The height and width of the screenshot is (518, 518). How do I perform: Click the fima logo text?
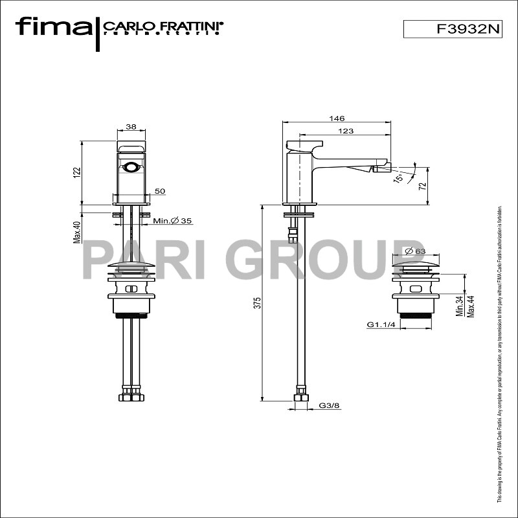coord(53,27)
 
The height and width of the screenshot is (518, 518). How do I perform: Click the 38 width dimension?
coord(131,127)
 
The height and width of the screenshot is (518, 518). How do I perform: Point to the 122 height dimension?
coord(76,172)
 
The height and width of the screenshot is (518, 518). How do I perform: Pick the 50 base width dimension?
coord(160,191)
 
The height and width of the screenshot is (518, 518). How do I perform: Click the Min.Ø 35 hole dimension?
coord(173,221)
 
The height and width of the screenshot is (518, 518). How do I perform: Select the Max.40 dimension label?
coord(76,232)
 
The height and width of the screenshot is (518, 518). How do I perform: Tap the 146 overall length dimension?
coord(337,118)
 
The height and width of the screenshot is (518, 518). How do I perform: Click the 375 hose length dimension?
coord(256,302)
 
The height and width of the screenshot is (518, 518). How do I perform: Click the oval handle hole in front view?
coord(131,168)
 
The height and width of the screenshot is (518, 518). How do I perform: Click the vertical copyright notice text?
coord(499,356)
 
